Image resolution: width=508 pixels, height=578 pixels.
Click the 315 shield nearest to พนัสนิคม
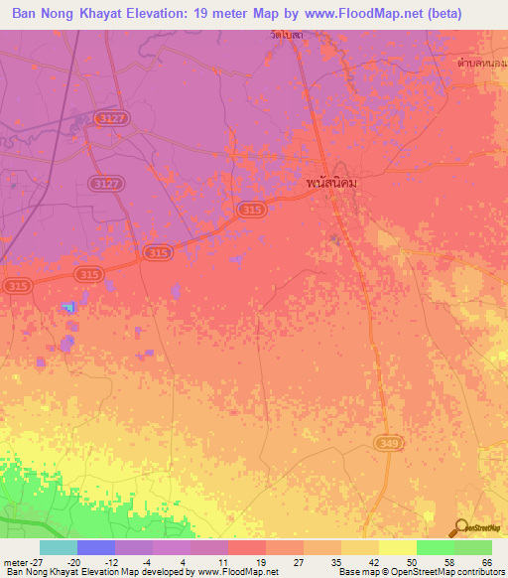click(251, 210)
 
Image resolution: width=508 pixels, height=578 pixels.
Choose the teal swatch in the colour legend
click(59, 547)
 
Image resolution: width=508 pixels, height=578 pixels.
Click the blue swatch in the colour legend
click(96, 547)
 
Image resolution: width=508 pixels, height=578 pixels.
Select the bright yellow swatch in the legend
click(398, 547)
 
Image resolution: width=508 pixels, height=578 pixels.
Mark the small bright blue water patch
click(69, 307)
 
